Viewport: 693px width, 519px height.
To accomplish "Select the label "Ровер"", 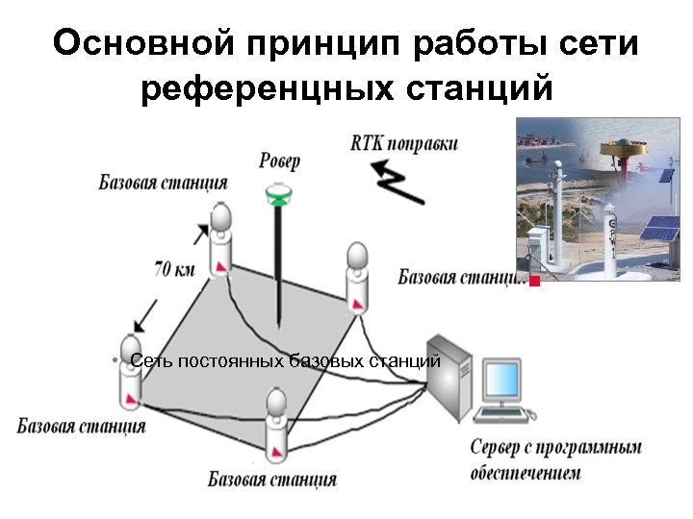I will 280,160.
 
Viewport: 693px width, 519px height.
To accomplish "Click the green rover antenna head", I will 281,195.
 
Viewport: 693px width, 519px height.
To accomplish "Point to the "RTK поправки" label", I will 403,144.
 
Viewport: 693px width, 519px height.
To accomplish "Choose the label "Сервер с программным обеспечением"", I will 555,459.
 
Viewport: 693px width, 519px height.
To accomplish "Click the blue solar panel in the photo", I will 661,232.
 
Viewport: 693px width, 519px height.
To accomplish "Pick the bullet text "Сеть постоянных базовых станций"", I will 285,361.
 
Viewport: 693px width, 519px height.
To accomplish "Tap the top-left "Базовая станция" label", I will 163,183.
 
